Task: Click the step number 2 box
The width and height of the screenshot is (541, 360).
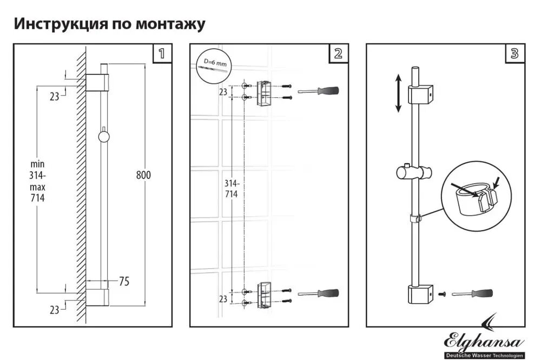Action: tap(339, 54)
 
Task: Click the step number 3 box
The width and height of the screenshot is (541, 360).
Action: tap(514, 54)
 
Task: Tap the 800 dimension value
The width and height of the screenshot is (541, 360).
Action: tap(143, 175)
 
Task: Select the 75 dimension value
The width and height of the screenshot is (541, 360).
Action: tap(124, 281)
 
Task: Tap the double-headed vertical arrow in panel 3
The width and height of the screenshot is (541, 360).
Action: tap(398, 93)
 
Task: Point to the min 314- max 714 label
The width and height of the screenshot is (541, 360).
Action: tap(37, 181)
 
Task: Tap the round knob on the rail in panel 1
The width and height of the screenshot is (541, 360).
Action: tap(103, 137)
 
